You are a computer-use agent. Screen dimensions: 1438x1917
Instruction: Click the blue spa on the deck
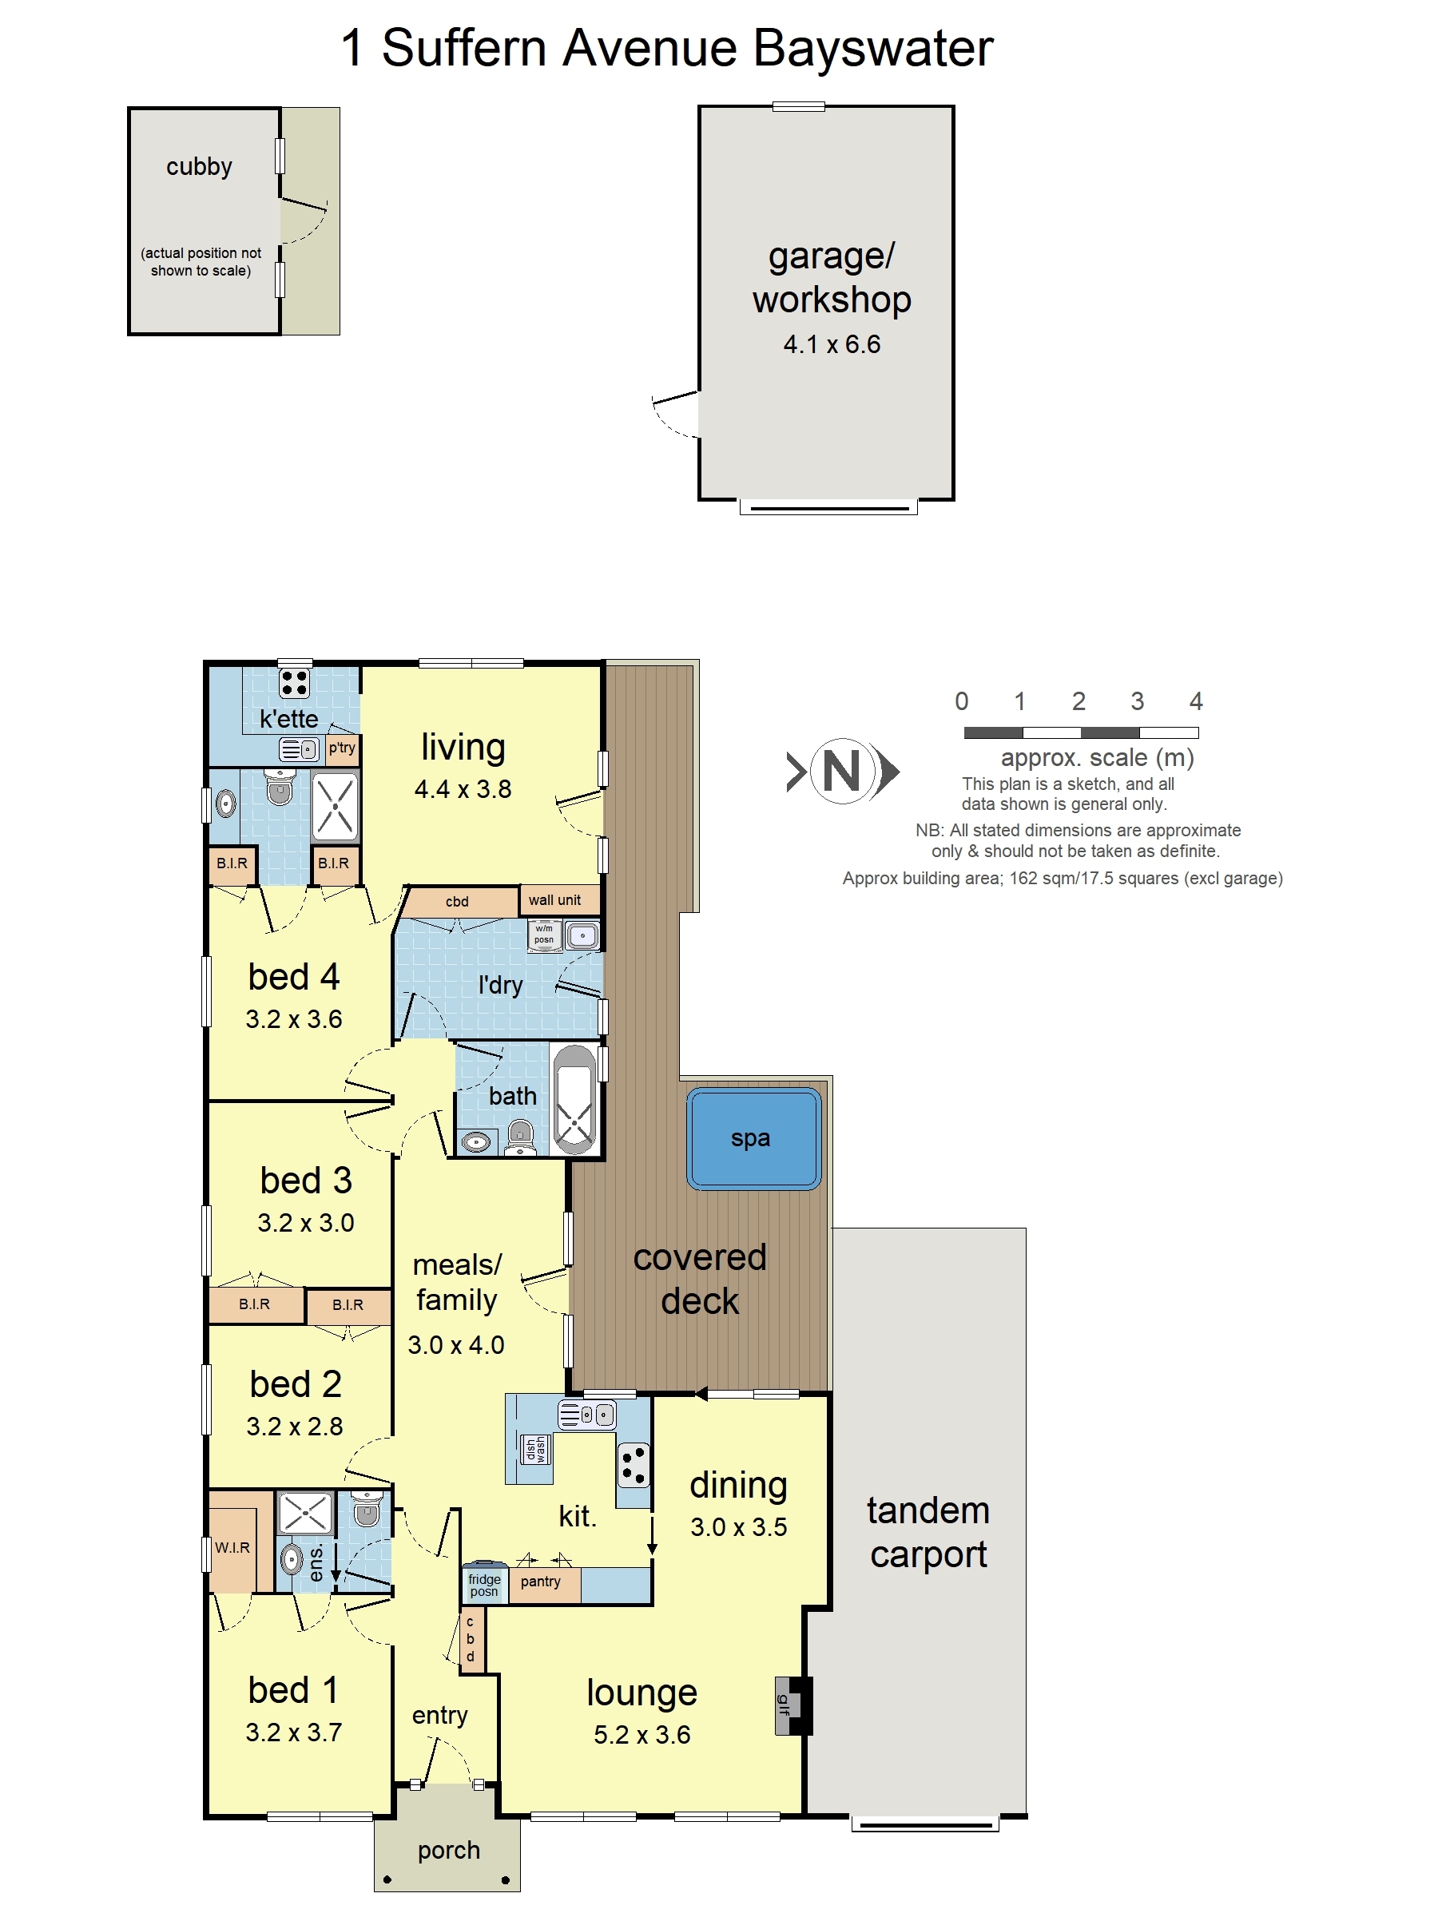753,1138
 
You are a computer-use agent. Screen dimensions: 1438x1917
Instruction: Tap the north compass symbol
843,771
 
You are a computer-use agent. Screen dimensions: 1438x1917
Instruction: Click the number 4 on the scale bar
1195,701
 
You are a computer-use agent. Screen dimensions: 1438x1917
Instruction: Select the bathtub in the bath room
574,1100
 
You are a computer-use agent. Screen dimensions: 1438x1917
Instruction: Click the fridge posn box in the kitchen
485,1584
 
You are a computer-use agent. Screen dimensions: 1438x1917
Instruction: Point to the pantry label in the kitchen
540,1582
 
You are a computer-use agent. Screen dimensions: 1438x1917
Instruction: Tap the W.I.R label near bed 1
232,1548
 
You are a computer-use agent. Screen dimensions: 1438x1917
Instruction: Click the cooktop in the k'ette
294,684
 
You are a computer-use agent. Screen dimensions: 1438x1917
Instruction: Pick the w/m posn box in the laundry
544,935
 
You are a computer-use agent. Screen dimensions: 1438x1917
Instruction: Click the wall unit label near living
554,900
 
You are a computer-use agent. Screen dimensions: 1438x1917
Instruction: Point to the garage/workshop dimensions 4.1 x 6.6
832,345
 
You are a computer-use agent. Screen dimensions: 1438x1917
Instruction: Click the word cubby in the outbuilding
200,166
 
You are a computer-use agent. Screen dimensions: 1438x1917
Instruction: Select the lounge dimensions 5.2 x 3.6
642,1735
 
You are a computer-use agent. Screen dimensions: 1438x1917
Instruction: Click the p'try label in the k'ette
341,748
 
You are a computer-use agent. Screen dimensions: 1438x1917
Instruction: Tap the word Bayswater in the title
873,50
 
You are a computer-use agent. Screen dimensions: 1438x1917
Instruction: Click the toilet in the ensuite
366,1509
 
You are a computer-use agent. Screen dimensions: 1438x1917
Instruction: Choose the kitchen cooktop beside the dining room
634,1466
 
